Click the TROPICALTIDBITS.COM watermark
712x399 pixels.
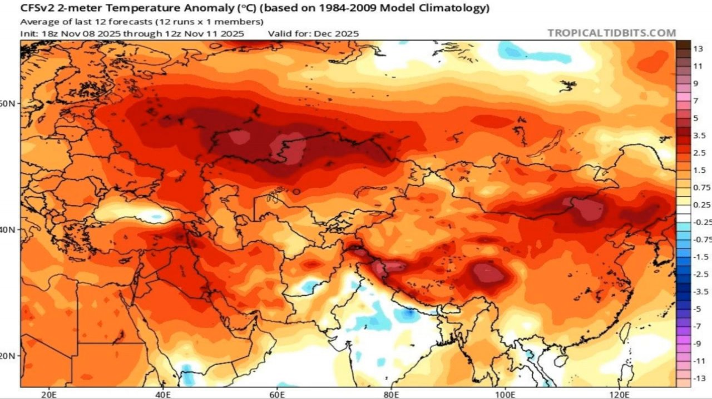point(611,33)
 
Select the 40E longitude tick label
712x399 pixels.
point(163,394)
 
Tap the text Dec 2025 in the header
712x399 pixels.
point(337,33)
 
